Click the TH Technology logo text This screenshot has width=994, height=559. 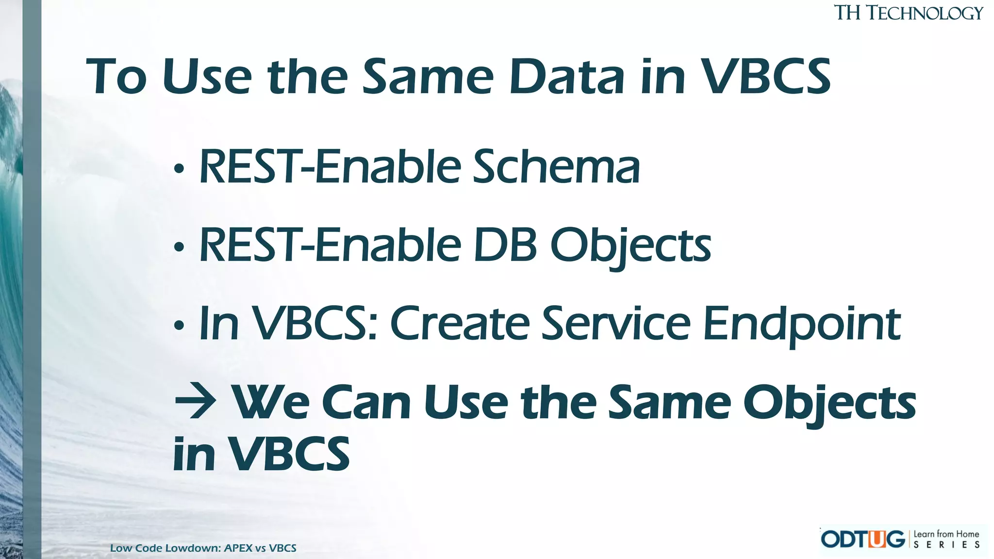(x=908, y=13)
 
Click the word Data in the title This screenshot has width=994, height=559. (x=566, y=77)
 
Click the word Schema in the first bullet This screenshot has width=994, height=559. (x=556, y=167)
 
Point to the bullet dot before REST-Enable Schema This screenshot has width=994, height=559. (x=179, y=169)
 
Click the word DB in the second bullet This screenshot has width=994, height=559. (x=505, y=246)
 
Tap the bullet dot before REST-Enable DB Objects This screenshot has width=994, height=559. (x=179, y=247)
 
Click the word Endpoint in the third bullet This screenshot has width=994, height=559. (x=801, y=324)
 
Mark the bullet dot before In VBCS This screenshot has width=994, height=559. (x=179, y=326)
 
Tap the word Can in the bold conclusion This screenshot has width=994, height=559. (x=366, y=403)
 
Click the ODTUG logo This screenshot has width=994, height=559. (x=862, y=539)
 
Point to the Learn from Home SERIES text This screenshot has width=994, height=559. (x=946, y=539)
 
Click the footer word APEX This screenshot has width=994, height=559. (x=238, y=548)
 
